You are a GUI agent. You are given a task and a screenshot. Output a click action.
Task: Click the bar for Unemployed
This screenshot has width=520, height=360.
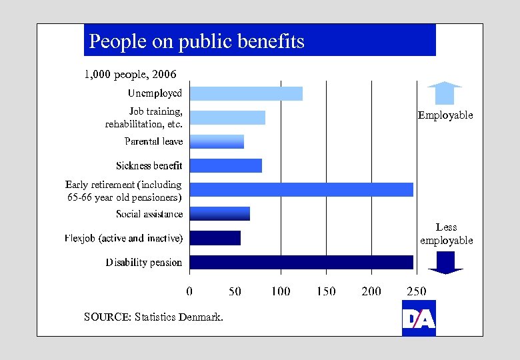(x=246, y=93)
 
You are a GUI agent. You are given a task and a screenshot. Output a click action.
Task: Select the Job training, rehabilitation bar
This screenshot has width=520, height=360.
(x=227, y=117)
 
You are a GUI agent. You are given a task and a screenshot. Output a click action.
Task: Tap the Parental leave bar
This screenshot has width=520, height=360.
(x=217, y=141)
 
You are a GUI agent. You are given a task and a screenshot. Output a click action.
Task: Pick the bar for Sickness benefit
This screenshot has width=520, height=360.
(x=225, y=165)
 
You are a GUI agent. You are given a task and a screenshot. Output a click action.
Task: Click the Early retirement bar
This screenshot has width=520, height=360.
(x=301, y=189)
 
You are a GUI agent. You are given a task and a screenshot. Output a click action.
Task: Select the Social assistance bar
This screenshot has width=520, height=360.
(x=219, y=213)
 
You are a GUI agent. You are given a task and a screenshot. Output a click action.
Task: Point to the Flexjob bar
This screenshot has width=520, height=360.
(x=215, y=237)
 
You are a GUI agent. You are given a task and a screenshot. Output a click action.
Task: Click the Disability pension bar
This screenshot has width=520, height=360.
(x=301, y=262)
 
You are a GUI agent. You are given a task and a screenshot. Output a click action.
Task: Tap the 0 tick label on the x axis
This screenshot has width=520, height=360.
(x=189, y=291)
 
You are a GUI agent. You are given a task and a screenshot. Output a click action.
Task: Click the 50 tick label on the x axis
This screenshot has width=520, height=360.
(x=235, y=291)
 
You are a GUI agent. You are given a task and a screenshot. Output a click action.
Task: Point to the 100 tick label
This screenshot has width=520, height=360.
(x=281, y=291)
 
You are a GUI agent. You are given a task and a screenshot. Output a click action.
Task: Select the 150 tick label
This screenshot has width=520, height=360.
(x=326, y=291)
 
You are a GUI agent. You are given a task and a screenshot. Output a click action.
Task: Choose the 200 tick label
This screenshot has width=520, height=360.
(x=371, y=291)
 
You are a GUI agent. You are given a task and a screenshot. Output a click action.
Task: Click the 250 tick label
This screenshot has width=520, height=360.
(x=417, y=291)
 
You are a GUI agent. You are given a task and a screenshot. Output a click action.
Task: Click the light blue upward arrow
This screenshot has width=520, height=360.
(x=445, y=93)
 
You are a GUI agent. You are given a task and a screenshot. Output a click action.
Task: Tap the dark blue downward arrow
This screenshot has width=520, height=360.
(x=445, y=263)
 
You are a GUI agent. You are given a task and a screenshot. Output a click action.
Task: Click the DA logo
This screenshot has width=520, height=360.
(x=419, y=319)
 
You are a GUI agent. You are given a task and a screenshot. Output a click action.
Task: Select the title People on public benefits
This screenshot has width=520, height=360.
(x=197, y=41)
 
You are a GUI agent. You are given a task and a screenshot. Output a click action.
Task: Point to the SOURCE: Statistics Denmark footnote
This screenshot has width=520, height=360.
(x=153, y=317)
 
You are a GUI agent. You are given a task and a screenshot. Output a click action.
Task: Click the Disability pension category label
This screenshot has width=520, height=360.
(x=143, y=263)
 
